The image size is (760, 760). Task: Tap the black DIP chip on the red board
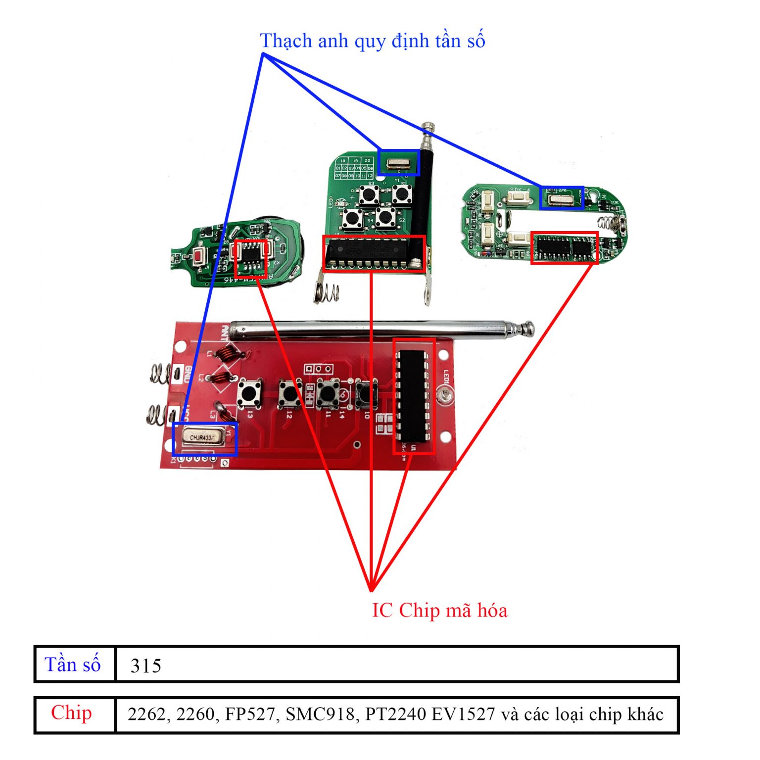click(x=413, y=396)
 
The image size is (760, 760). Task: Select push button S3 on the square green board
click(x=369, y=195)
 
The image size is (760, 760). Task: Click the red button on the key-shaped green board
click(x=199, y=257)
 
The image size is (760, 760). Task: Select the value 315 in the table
click(x=146, y=666)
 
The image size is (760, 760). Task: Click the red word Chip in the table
click(x=71, y=713)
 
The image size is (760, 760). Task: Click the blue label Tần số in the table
click(x=73, y=665)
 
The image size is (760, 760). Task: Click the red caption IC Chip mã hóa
click(x=439, y=610)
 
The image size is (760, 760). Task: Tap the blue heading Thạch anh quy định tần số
click(x=372, y=41)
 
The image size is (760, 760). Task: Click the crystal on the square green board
click(x=398, y=163)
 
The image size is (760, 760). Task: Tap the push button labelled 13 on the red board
click(x=249, y=393)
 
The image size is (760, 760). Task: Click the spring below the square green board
click(x=327, y=293)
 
